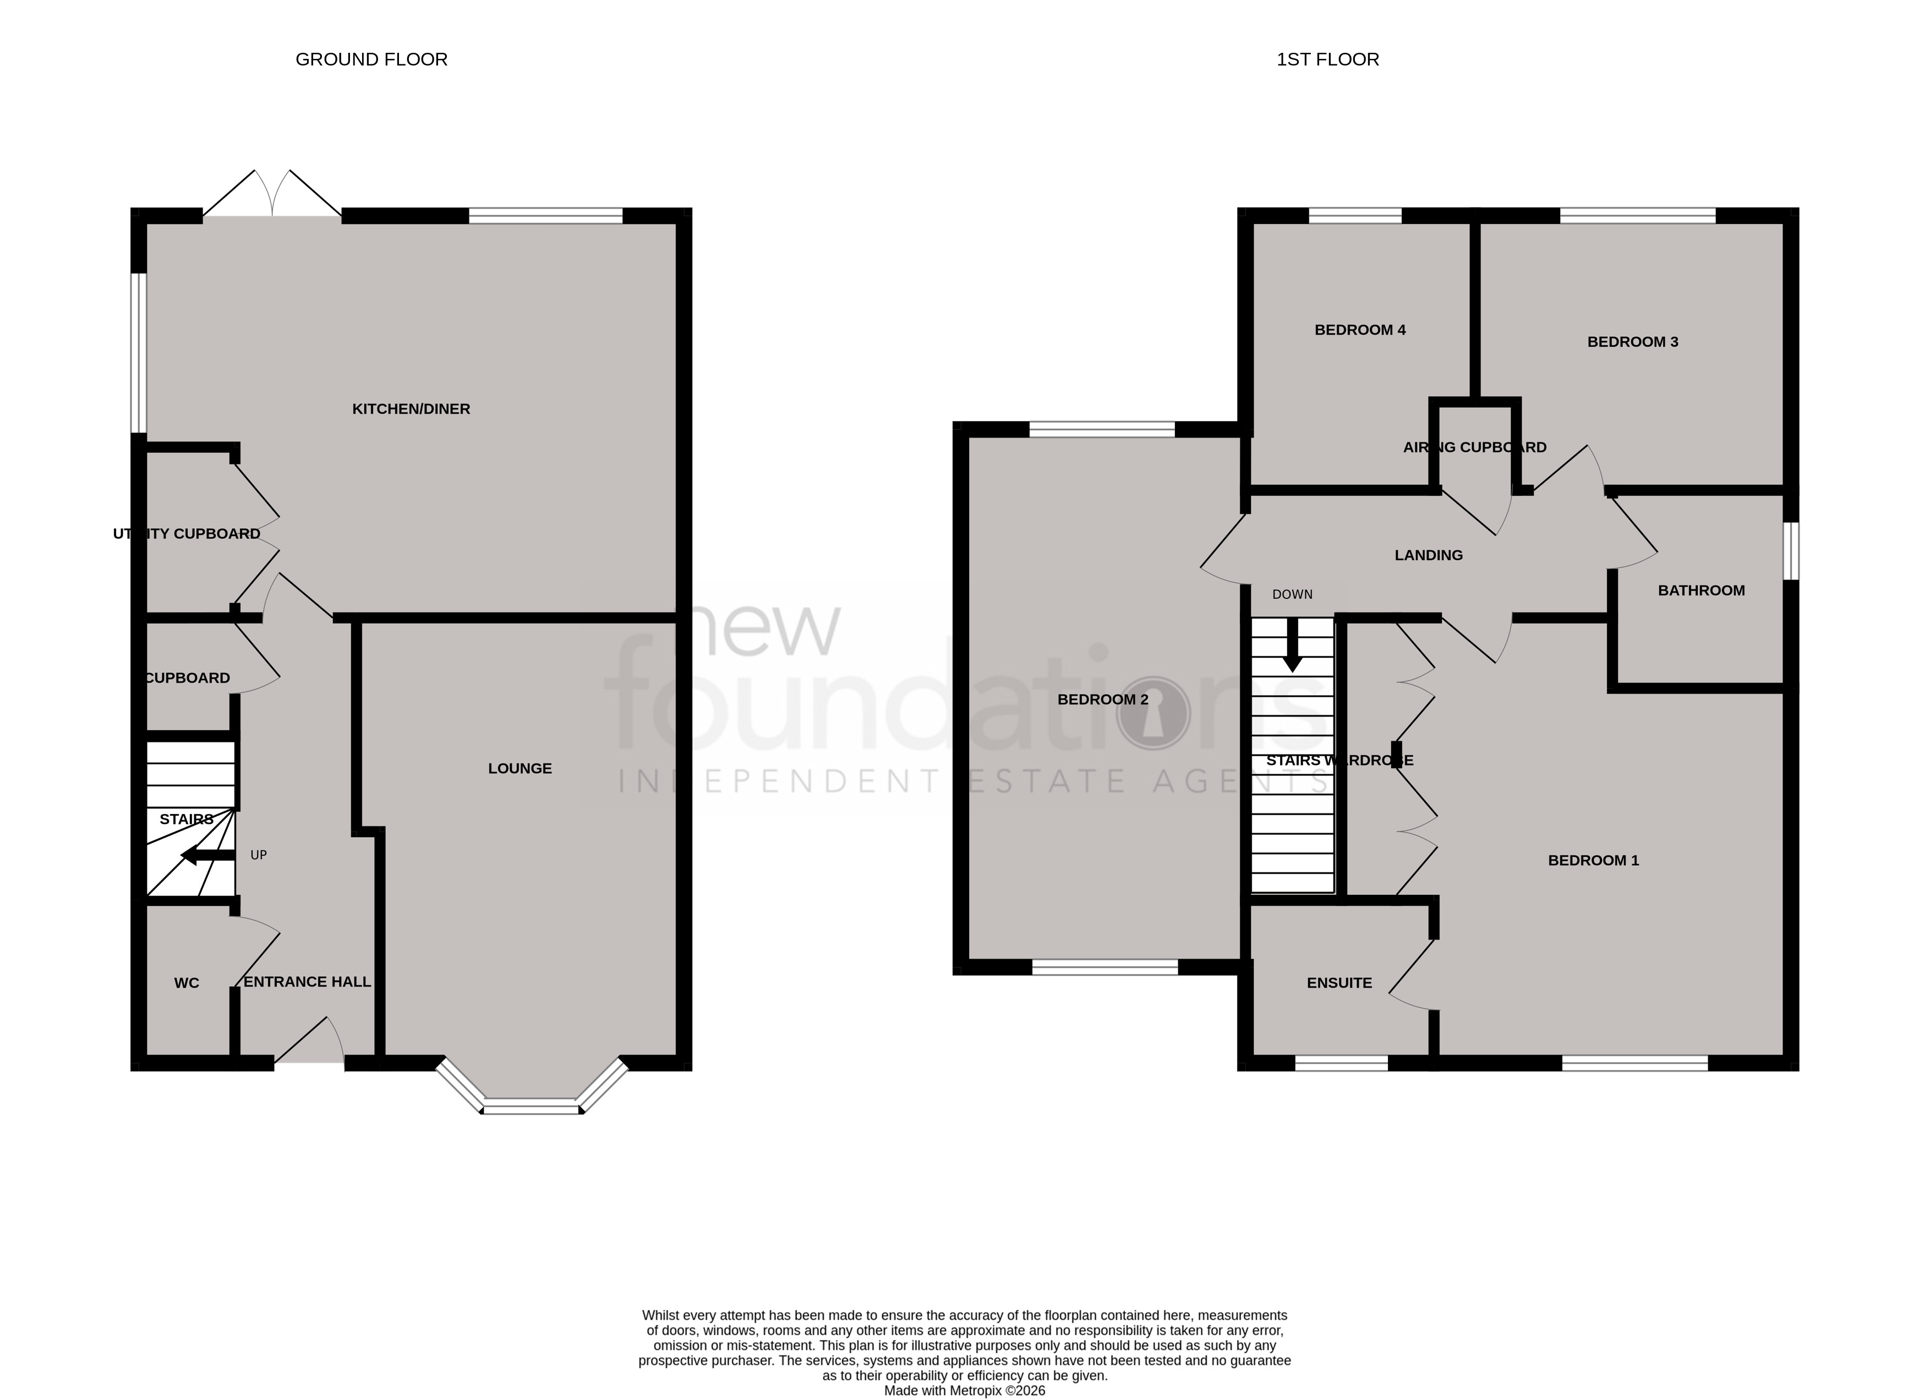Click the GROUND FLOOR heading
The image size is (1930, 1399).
[x=371, y=59]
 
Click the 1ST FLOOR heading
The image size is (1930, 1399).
[x=1327, y=59]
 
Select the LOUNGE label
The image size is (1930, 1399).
[x=520, y=768]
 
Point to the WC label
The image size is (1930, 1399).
[x=187, y=983]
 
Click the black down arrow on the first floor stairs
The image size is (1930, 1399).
[x=1292, y=646]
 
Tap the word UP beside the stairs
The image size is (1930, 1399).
[x=259, y=855]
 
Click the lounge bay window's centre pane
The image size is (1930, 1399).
[x=532, y=1106]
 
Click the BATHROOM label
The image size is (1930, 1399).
[x=1701, y=591]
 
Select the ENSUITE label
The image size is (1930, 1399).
[x=1338, y=983]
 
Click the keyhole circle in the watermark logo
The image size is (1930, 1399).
[x=1153, y=713]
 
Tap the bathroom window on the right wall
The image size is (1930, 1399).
[x=1790, y=550]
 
